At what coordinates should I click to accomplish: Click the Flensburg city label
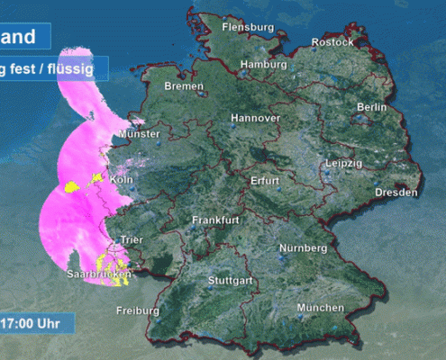click(x=247, y=27)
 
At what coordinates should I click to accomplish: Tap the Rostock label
click(x=332, y=42)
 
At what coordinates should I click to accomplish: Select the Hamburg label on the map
click(x=263, y=65)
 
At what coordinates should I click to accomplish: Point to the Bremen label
click(x=185, y=86)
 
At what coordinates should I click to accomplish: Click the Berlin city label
click(x=371, y=107)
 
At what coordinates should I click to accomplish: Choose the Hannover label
click(x=256, y=118)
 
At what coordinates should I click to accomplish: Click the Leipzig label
click(x=343, y=163)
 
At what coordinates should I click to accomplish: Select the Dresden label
click(x=396, y=193)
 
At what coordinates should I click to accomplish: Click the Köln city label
click(x=121, y=180)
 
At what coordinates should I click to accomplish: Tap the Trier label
click(x=131, y=239)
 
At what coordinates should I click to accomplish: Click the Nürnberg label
click(x=303, y=247)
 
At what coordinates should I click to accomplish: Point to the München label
click(x=321, y=308)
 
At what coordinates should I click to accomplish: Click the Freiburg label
click(x=138, y=311)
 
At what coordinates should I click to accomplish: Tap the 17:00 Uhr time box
click(x=34, y=321)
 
